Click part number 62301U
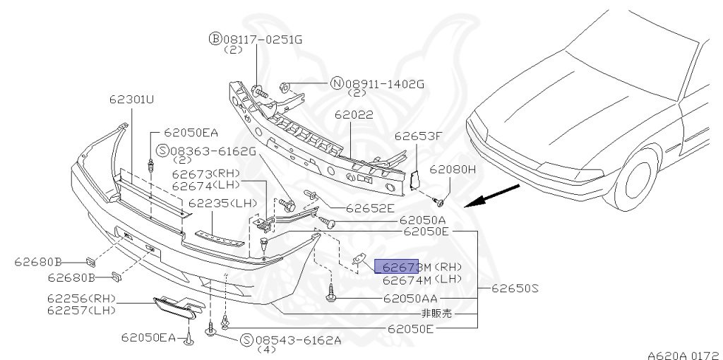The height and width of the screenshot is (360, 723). point(131,100)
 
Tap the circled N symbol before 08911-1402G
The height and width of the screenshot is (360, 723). point(336,83)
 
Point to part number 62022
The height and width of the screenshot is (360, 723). point(354,114)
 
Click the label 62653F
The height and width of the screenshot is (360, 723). point(417,136)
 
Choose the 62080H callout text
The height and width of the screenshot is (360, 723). point(453,169)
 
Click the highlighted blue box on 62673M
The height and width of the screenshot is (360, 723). point(396,267)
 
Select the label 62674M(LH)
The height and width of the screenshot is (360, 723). point(422,280)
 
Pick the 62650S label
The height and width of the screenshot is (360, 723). point(515,288)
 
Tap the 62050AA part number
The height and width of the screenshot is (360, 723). point(413,299)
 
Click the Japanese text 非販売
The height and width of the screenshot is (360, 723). point(436,313)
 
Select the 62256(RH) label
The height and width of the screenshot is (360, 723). point(82,299)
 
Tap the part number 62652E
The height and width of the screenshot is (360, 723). point(370,208)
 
